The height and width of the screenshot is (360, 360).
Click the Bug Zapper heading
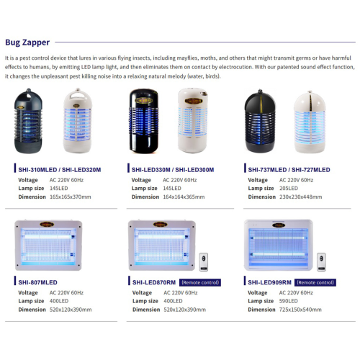27,42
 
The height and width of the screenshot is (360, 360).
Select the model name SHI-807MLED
37,282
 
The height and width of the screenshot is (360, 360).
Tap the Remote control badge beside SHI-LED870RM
200,282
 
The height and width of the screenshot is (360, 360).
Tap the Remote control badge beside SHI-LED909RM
315,282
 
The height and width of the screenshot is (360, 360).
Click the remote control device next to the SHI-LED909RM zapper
321,262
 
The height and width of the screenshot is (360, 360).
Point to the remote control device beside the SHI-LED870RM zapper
204,262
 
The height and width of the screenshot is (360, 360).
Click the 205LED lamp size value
289,189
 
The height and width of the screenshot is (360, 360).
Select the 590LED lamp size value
288,301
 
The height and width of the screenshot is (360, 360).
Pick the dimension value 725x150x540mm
300,310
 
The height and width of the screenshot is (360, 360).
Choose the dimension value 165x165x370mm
71,197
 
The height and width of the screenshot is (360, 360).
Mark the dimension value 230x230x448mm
300,197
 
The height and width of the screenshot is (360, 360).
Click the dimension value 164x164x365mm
184,197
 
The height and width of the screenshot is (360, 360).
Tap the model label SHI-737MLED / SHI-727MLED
289,170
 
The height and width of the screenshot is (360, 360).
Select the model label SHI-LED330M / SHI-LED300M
173,170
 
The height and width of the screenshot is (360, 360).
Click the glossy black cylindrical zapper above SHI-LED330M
144,121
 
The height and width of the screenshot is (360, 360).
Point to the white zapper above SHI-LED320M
78,121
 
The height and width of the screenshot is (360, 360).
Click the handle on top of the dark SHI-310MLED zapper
29,94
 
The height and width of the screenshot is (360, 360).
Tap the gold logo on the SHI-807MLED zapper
47,225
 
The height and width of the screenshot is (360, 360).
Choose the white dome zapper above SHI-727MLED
310,122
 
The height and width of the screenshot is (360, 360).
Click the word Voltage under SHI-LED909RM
258,293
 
